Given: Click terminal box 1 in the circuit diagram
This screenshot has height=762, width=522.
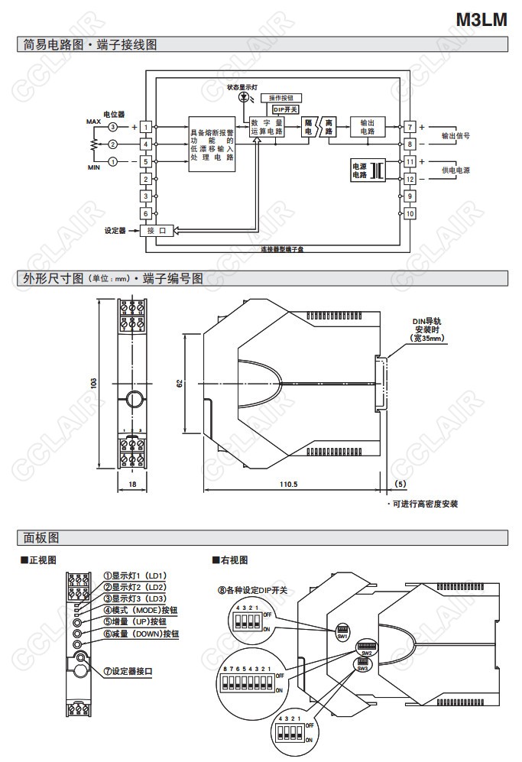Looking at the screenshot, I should [x=144, y=126].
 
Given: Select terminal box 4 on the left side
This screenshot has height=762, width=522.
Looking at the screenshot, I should [x=144, y=144].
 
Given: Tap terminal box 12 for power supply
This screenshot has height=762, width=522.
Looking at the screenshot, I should [x=410, y=179].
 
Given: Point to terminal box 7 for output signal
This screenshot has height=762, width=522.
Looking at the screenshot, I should [x=410, y=126].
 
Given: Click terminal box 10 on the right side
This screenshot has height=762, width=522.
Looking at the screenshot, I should [x=410, y=213].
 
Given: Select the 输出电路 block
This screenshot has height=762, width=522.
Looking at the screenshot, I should [x=367, y=127].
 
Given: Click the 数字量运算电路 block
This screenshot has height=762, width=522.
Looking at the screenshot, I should [x=267, y=127].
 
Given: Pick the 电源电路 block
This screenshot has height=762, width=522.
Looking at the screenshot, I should [x=359, y=170].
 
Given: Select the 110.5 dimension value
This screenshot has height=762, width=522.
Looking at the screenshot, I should [x=288, y=485].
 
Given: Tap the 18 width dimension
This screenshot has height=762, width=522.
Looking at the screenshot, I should [x=131, y=485].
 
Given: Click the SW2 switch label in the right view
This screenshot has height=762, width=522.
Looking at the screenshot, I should [x=366, y=653].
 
